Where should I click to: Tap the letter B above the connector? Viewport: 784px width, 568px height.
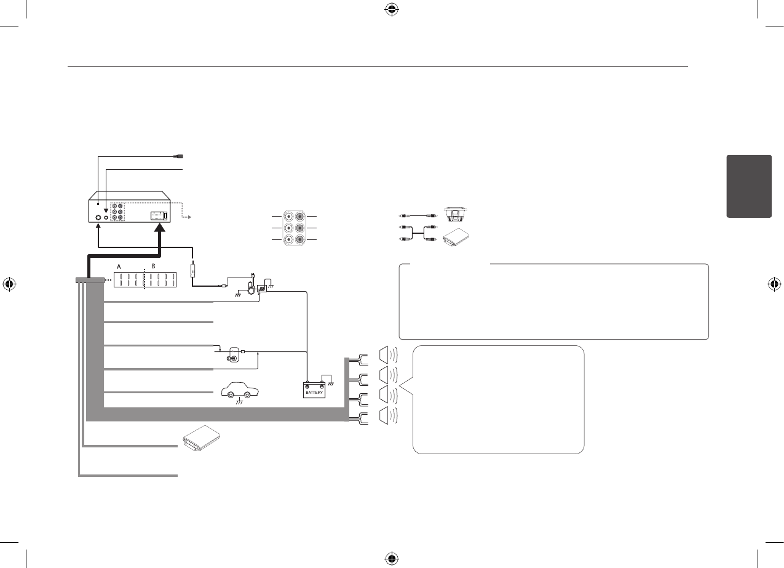(x=154, y=267)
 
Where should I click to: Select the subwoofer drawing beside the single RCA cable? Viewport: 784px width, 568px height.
(x=457, y=216)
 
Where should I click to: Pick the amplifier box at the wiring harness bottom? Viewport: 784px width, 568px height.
(x=201, y=441)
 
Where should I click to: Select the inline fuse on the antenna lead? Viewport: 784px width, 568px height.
(x=194, y=270)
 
